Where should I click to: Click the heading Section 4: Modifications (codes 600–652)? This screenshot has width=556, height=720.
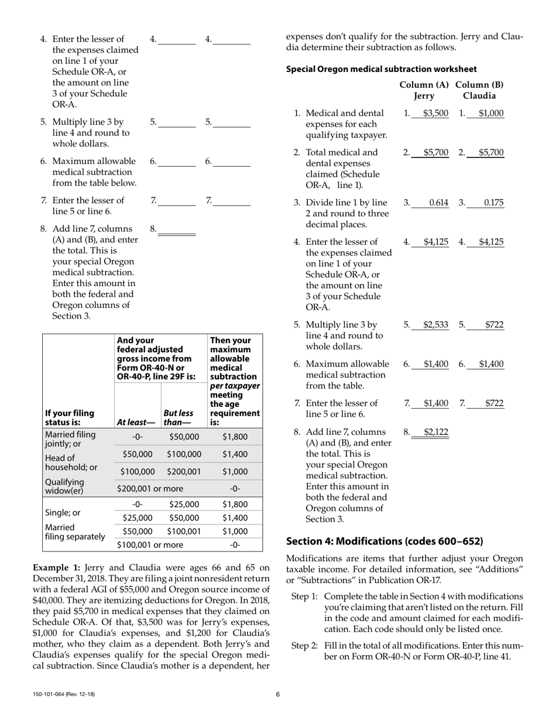(385, 541)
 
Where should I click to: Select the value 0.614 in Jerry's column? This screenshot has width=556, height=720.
(438, 203)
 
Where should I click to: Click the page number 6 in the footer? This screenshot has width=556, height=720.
(278, 694)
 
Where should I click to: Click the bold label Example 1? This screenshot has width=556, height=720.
(57, 567)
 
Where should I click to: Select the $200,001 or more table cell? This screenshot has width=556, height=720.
(150, 488)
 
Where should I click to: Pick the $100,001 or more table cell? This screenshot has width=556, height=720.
(150, 545)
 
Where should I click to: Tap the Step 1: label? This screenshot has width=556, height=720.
(304, 596)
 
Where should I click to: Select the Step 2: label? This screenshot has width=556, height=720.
(304, 646)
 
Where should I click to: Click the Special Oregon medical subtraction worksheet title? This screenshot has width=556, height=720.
(381, 69)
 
